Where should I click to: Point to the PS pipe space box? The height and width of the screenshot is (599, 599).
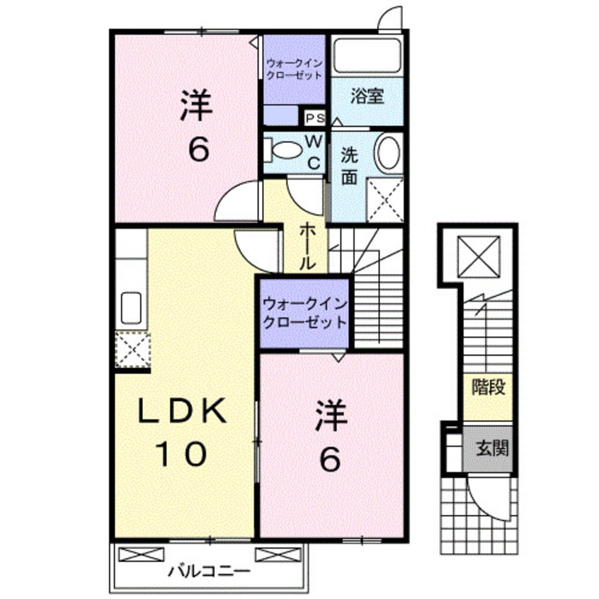314,118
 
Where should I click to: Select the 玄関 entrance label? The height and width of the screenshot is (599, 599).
487,447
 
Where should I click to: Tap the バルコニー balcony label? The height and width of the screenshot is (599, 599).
209,570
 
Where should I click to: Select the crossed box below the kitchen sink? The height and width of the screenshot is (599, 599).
132,349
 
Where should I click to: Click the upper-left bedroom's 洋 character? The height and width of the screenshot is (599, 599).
196,108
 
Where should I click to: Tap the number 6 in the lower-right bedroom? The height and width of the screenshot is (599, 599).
330,461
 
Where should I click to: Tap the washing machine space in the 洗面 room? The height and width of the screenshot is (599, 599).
384,200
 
